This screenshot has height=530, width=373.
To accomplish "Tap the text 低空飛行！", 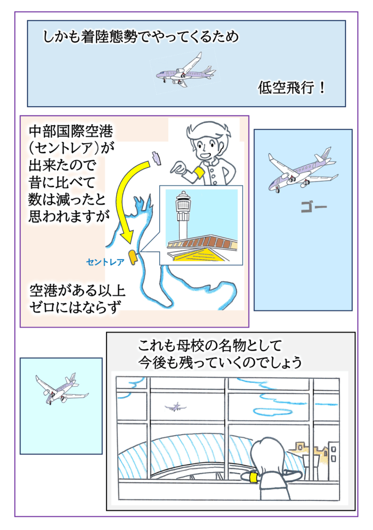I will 291,88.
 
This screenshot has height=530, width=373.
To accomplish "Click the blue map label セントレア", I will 105,262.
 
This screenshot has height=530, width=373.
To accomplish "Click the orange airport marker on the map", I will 132,256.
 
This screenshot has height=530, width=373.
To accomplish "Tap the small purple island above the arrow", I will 156,157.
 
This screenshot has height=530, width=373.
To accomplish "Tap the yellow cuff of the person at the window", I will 253,477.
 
